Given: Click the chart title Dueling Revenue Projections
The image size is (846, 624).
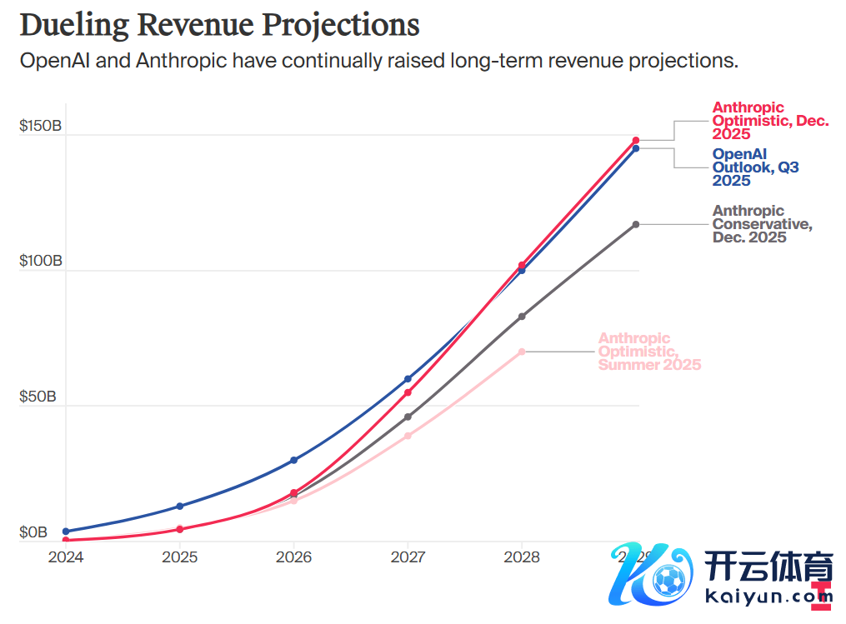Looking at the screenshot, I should pyautogui.click(x=219, y=25).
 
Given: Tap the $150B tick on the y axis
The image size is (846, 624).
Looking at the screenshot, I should pyautogui.click(x=41, y=126).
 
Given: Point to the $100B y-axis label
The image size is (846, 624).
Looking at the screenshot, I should pyautogui.click(x=41, y=261).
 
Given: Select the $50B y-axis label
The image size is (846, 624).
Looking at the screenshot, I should pyautogui.click(x=38, y=397).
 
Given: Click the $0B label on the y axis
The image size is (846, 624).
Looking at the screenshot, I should pyautogui.click(x=34, y=532).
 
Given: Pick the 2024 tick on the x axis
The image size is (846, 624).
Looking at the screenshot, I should pyautogui.click(x=66, y=557).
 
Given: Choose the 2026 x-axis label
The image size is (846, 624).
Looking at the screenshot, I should pyautogui.click(x=293, y=557).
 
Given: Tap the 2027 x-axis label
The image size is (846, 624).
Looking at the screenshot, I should pyautogui.click(x=408, y=557).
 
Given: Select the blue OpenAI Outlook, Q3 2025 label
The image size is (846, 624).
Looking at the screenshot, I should pyautogui.click(x=755, y=167).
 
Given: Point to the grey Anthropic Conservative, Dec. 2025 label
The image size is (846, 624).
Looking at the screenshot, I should pyautogui.click(x=761, y=224).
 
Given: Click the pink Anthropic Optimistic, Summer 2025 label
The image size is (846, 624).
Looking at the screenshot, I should pyautogui.click(x=649, y=352).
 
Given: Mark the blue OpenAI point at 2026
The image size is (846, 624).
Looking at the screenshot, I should pyautogui.click(x=293, y=460).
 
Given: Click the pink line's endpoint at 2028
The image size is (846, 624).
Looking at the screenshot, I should pyautogui.click(x=522, y=352).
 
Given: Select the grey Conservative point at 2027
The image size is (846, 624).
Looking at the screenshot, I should pyautogui.click(x=408, y=417).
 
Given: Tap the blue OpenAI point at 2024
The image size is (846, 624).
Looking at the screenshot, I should pyautogui.click(x=66, y=531).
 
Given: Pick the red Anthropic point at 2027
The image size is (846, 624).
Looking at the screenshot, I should pyautogui.click(x=408, y=392).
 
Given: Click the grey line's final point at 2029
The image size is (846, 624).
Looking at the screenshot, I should pyautogui.click(x=636, y=224).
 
